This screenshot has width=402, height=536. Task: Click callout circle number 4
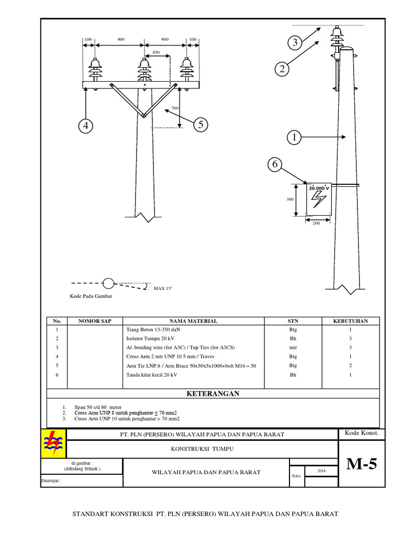tap(86, 126)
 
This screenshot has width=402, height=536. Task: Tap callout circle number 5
tap(200, 125)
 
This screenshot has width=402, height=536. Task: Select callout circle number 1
tap(294, 138)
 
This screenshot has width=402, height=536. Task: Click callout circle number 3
tap(295, 43)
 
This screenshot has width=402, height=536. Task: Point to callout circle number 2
tap(282, 69)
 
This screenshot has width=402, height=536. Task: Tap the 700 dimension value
tap(174, 107)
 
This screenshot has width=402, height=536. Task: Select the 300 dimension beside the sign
tap(290, 199)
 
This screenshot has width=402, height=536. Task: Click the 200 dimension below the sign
tap(316, 224)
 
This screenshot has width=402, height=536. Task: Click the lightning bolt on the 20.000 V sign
tap(318, 200)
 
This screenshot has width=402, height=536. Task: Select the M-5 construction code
tap(361, 465)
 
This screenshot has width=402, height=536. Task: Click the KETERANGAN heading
tap(213, 394)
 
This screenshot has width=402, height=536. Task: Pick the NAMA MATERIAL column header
tap(193, 321)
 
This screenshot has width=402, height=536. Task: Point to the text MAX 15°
tap(163, 288)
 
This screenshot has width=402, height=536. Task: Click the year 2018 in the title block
tap(322, 471)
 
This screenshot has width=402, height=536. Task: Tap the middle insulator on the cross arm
tap(144, 70)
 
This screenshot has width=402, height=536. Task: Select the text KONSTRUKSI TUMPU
tap(202, 449)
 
